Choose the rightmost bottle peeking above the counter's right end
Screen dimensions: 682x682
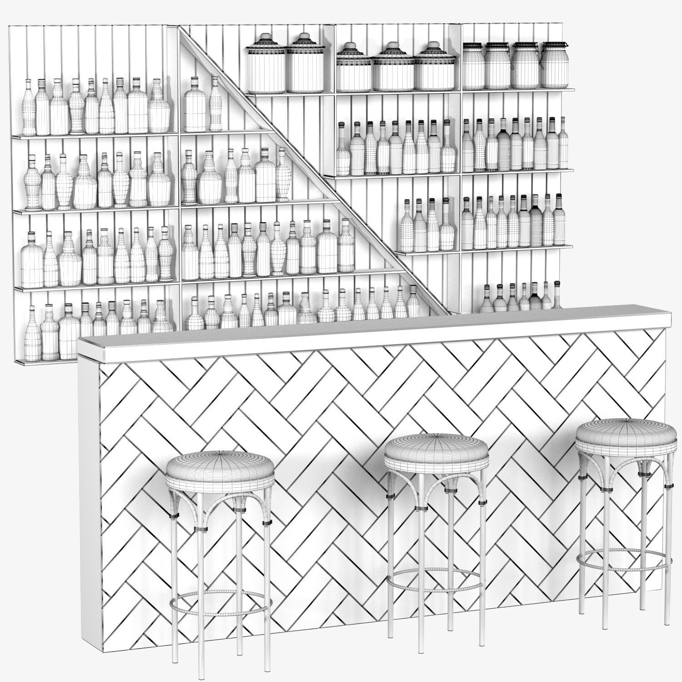557,295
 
